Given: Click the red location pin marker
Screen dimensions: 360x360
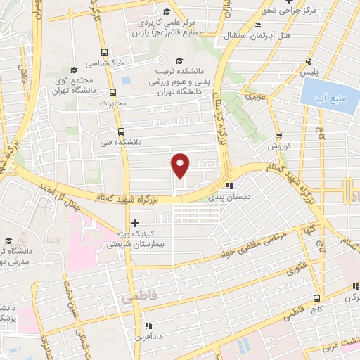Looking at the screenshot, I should [181, 165].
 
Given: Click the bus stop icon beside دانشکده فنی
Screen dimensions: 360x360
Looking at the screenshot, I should [122, 131].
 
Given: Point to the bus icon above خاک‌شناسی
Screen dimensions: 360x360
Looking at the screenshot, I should [104, 52].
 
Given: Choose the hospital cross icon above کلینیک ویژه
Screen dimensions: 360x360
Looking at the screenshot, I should [135, 224].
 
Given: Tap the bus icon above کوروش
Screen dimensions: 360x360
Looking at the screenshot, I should [279, 136].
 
